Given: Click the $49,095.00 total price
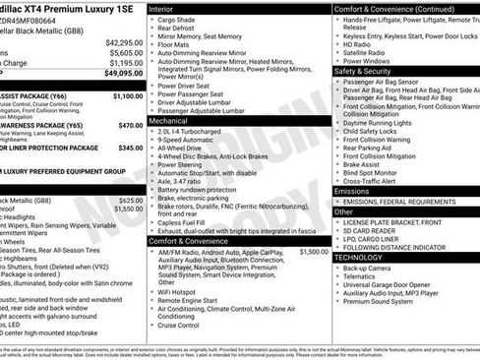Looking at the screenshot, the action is [x=122, y=72].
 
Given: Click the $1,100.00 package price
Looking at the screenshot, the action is [x=126, y=96].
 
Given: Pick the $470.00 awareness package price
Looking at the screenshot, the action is [x=130, y=126].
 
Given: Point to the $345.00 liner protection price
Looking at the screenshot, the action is [x=130, y=148].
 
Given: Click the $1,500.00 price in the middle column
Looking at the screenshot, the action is [x=313, y=252].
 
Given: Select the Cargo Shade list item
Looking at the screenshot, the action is [x=179, y=20].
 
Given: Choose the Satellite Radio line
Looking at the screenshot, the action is [x=370, y=52].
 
